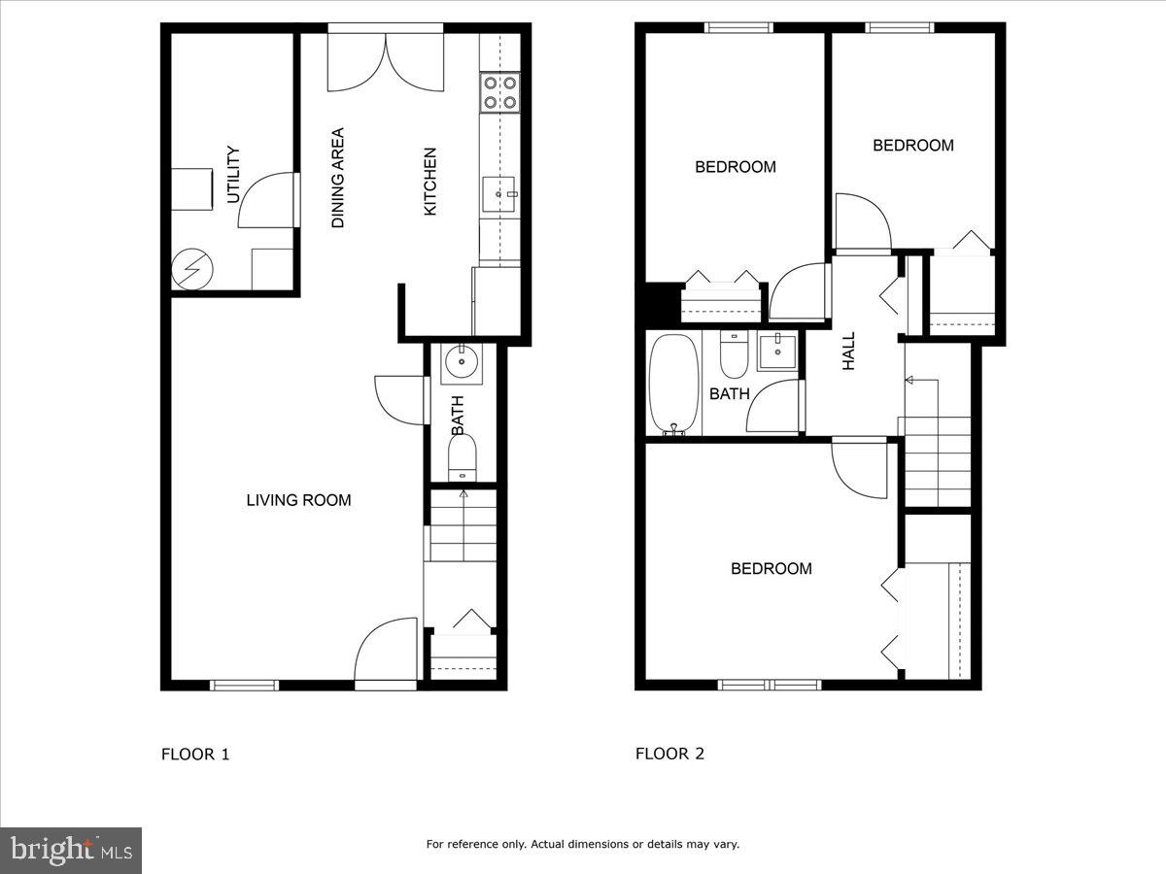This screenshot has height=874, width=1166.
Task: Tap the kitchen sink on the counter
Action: [502, 194]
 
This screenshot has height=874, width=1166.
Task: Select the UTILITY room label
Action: [233, 175]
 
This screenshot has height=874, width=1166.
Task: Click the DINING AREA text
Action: [338, 178]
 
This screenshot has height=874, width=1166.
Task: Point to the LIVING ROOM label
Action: [298, 500]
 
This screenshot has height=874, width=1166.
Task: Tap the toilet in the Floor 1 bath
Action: [463, 456]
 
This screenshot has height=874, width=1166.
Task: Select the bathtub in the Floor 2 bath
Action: [673, 385]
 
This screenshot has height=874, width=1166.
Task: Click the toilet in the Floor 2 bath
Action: [734, 356]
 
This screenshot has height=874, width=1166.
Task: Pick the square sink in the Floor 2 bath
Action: [776, 352]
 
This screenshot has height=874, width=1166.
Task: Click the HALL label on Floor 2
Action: [849, 351]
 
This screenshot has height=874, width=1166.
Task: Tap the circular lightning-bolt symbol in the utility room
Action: [190, 270]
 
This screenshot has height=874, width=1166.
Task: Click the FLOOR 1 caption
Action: [195, 754]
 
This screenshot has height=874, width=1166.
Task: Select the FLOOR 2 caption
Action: [669, 754]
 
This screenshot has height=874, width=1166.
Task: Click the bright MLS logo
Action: [71, 850]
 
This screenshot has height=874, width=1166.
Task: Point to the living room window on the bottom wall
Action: [245, 685]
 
